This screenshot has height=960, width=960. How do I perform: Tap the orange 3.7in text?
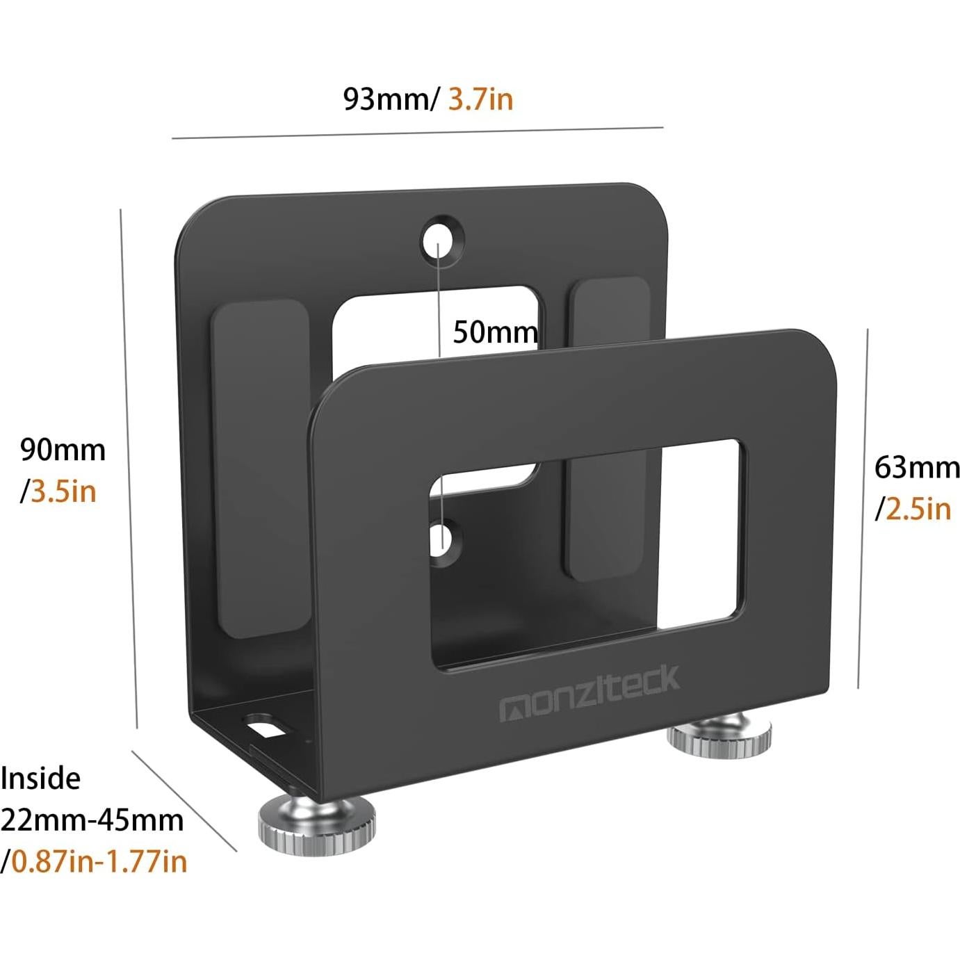[480, 99]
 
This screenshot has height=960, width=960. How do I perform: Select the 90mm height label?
[63, 450]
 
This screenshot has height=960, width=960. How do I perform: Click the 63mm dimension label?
[916, 467]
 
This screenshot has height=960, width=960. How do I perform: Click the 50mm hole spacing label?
[495, 332]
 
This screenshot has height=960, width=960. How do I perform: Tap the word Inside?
[40, 778]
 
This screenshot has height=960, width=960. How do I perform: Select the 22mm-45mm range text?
[92, 820]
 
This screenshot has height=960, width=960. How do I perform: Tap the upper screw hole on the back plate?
[440, 241]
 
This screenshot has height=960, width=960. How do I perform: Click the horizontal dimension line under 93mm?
[417, 133]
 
